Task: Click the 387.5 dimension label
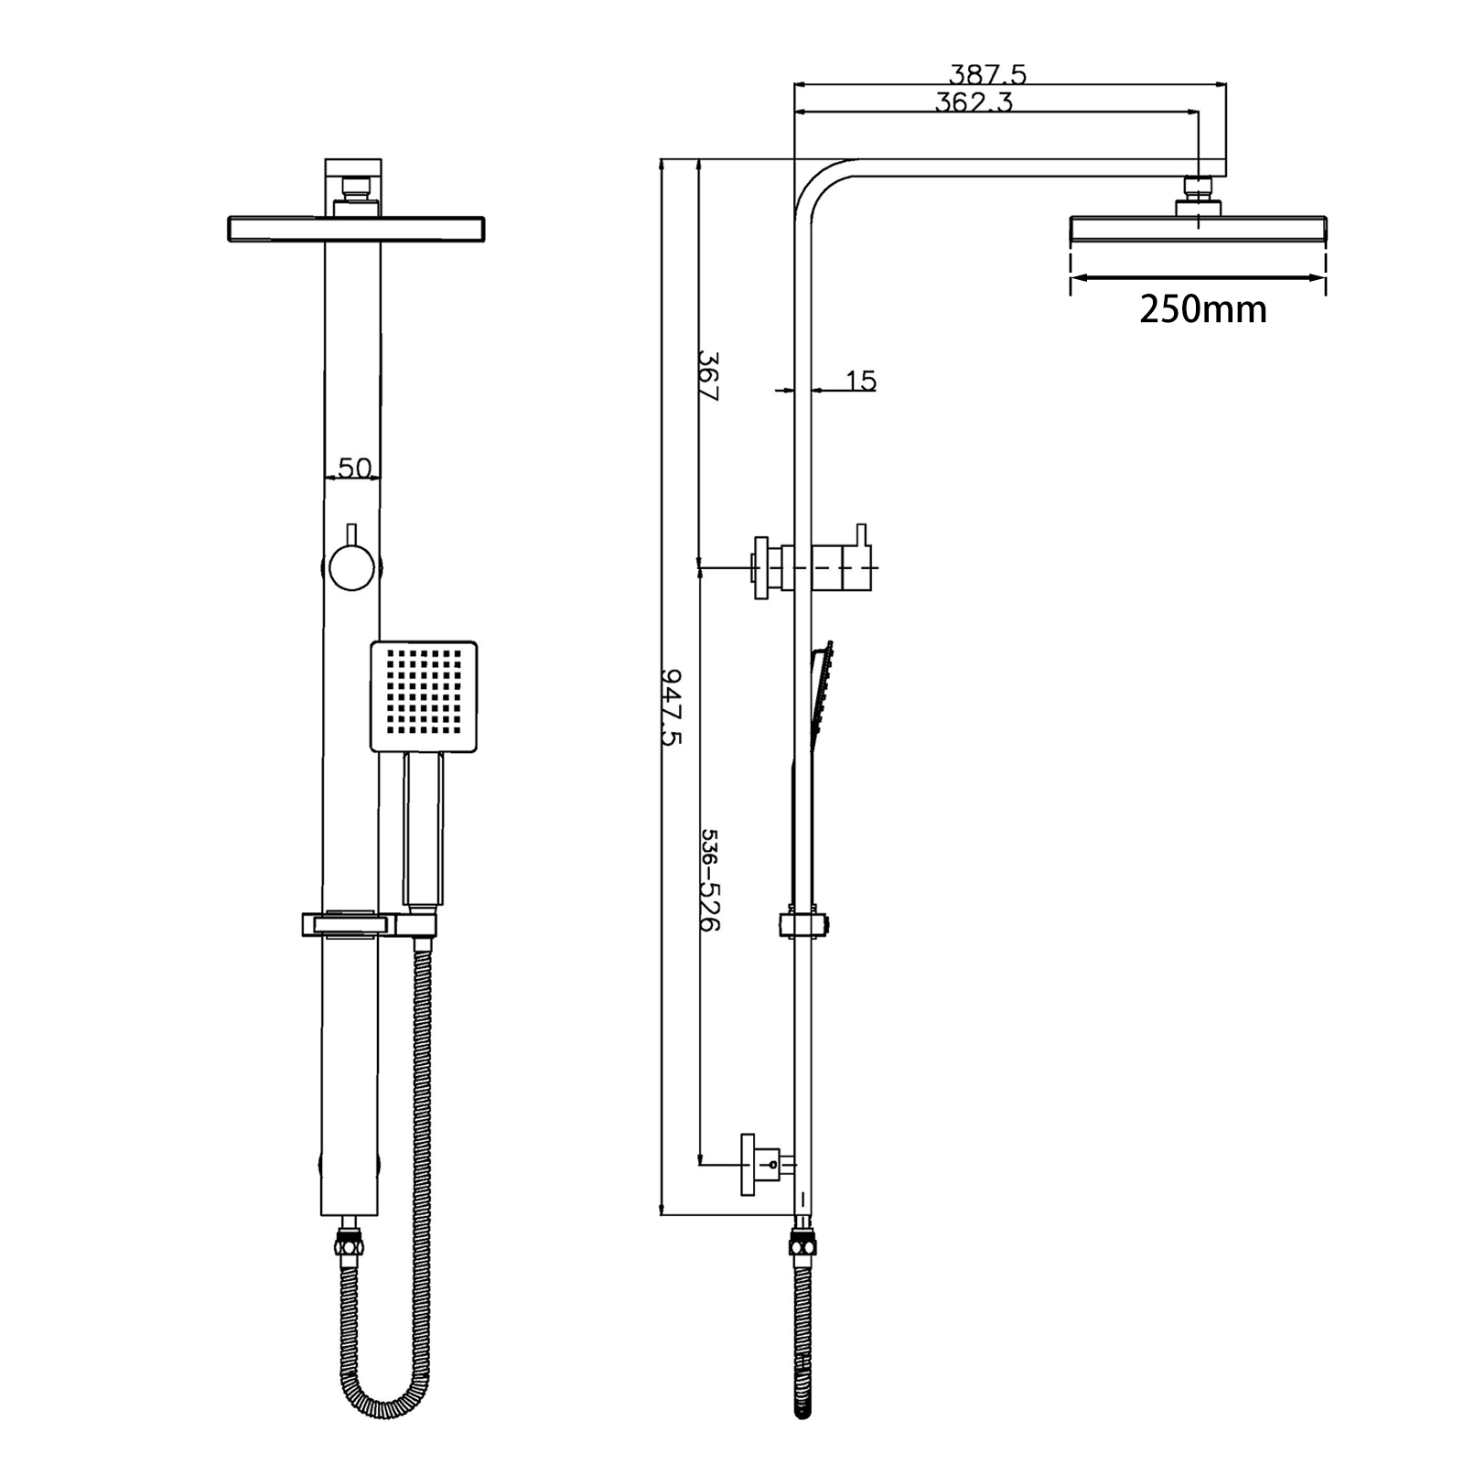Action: (x=987, y=73)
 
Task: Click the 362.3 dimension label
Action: (x=974, y=102)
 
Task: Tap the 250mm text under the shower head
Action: (x=1202, y=309)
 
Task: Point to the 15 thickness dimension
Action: (x=860, y=381)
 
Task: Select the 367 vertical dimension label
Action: (x=708, y=375)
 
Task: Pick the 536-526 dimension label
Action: (x=710, y=879)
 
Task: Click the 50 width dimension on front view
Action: (x=354, y=468)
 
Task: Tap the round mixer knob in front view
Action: (x=351, y=567)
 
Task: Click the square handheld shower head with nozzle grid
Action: (x=424, y=696)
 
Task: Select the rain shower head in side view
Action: (x=1198, y=229)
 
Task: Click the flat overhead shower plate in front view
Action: (x=355, y=229)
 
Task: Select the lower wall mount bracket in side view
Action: (x=765, y=1164)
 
